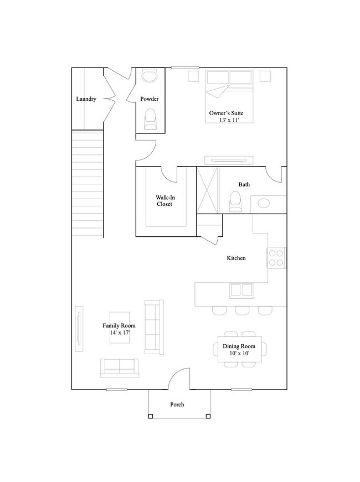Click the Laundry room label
click(86, 99)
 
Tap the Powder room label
click(150, 99)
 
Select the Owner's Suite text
click(226, 113)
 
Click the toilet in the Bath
click(235, 202)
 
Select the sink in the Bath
click(264, 203)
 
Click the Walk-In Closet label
click(164, 200)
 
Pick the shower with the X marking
click(208, 189)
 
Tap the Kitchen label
click(236, 258)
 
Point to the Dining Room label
click(240, 346)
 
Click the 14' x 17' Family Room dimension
click(119, 333)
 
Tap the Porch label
click(177, 405)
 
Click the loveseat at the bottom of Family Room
click(119, 367)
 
